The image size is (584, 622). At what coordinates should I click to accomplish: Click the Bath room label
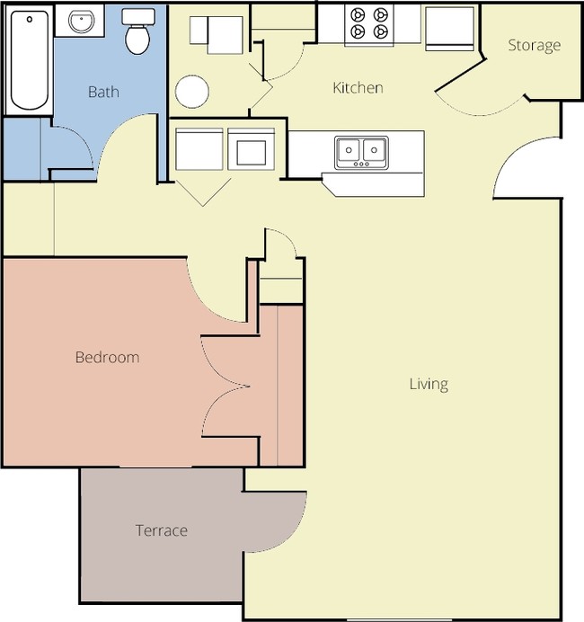(103, 92)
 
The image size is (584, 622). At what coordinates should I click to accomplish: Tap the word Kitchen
(358, 87)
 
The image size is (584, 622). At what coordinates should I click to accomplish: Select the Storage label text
(534, 45)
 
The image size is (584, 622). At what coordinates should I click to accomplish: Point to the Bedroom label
(107, 357)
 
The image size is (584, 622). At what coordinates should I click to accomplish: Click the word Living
(429, 384)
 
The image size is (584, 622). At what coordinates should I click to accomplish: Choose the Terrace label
(162, 530)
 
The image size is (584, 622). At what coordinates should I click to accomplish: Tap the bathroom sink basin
(82, 22)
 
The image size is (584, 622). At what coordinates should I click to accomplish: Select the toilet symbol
(137, 33)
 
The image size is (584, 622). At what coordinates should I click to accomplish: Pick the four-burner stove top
(369, 24)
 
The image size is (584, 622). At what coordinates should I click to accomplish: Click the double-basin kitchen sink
(361, 152)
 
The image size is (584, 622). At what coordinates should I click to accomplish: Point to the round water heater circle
(192, 92)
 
